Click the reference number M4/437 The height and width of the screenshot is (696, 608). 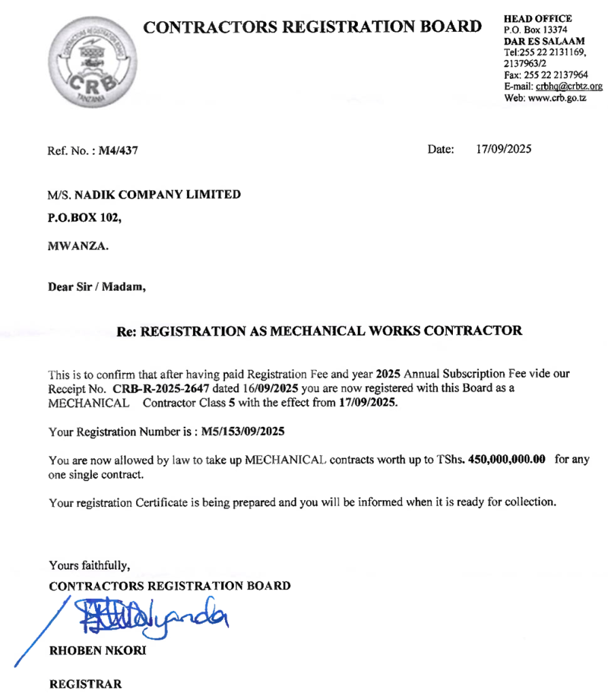tap(118, 151)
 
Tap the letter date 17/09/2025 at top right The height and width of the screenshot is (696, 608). tap(504, 150)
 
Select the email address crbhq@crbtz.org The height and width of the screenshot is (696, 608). tap(569, 86)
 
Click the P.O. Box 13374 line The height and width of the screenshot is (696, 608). tap(535, 30)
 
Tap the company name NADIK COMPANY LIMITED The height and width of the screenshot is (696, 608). tap(157, 194)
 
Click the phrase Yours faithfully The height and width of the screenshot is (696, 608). tap(89, 565)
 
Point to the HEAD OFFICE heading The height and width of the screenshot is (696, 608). tap(538, 18)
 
